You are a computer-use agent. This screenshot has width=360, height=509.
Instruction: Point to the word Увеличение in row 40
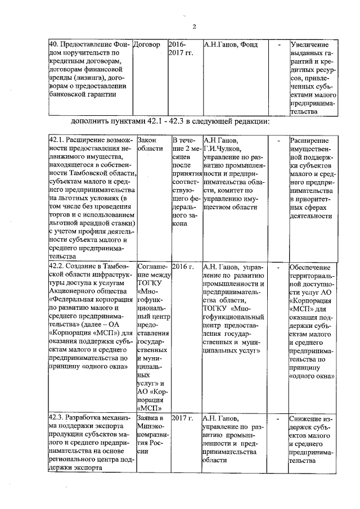point(309,44)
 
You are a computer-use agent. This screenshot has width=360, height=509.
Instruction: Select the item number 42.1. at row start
point(56,139)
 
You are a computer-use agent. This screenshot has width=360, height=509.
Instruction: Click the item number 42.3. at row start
point(56,418)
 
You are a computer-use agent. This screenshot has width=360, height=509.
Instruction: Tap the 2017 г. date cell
point(183,418)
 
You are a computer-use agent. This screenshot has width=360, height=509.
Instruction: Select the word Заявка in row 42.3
point(148,418)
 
